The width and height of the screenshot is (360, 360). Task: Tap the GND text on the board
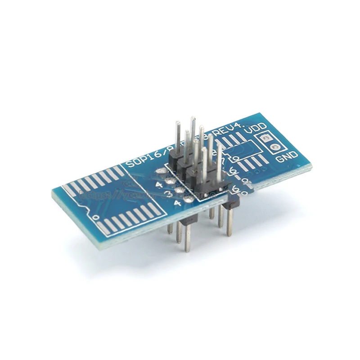tap(287, 157)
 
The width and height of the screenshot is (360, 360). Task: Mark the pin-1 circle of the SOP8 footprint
tap(236, 159)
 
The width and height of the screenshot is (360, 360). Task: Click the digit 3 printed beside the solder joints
tap(168, 194)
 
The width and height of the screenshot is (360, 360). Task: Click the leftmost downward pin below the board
tap(170, 229)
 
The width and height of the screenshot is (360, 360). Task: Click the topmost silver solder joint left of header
tap(160, 171)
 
